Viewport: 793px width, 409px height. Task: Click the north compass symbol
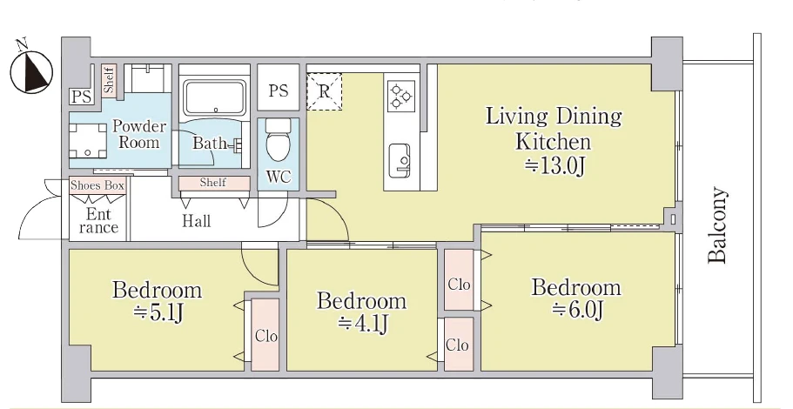pos(31,71)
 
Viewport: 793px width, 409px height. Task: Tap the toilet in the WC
pos(277,139)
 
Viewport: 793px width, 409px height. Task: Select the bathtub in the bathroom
pos(215,97)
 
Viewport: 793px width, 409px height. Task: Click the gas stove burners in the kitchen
pos(401,95)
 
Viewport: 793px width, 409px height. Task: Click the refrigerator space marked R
pos(324,91)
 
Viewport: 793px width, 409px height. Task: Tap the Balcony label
pos(717,225)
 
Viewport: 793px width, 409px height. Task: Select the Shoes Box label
pos(97,185)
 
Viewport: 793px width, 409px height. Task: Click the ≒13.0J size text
pos(554,166)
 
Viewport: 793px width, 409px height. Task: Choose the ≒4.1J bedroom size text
pos(363,324)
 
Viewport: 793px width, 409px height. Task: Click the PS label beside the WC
pos(279,91)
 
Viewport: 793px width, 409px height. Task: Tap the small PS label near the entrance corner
pos(81,97)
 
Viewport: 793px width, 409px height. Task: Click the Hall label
pos(196,221)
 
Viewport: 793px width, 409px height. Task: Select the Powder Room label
pos(138,135)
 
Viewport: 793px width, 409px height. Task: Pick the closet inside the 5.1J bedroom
pos(265,334)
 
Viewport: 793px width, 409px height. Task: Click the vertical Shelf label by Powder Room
pos(109,80)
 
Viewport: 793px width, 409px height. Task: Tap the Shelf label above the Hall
pos(213,183)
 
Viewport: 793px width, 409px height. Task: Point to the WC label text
pos(279,177)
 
